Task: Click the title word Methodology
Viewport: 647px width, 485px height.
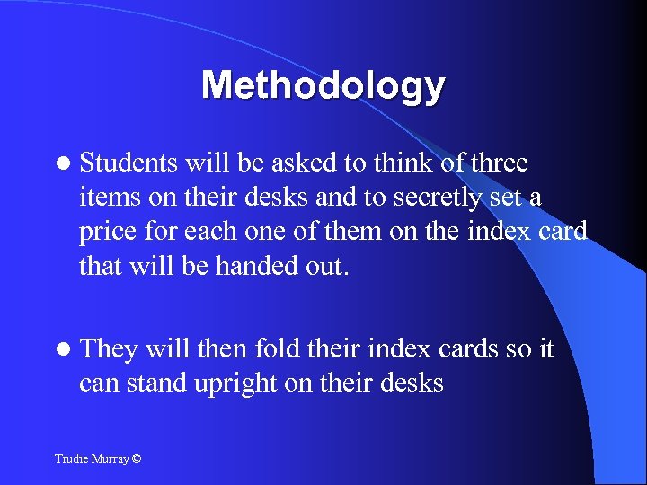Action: pyautogui.click(x=323, y=85)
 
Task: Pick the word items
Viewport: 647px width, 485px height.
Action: pyautogui.click(x=104, y=197)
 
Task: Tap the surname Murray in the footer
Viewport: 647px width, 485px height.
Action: pyautogui.click(x=111, y=459)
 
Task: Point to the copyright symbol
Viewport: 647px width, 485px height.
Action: pyautogui.click(x=136, y=459)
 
